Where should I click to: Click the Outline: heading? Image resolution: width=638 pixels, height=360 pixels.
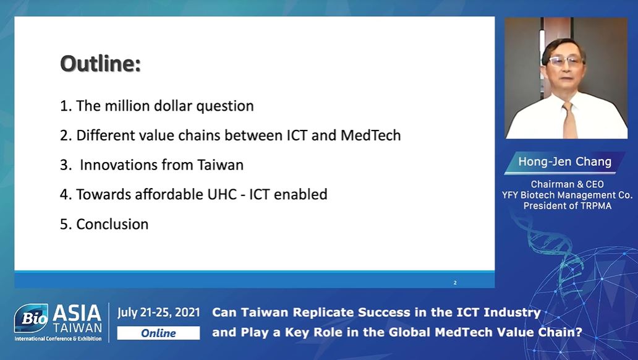[101, 64]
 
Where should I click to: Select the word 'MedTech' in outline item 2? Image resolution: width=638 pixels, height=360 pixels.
[370, 135]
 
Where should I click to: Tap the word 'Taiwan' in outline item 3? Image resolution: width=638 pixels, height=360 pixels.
[220, 165]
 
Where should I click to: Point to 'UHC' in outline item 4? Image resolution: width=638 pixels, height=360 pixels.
[222, 195]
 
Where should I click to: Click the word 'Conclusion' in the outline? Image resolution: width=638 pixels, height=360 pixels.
[113, 225]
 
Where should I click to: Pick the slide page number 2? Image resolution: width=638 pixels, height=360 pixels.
[455, 283]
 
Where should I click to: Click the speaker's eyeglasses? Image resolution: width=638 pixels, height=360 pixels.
[565, 61]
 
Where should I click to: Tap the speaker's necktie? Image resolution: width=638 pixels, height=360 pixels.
[569, 119]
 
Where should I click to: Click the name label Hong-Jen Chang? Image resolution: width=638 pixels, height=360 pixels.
[565, 161]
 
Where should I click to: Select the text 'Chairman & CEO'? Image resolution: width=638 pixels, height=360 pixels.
[567, 184]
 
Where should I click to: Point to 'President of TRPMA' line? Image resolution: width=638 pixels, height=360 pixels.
[567, 205]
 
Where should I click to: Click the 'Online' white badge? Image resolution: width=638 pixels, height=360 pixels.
[158, 333]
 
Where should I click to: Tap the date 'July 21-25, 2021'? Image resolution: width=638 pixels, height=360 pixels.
[159, 312]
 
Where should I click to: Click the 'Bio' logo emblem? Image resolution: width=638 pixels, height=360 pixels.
[32, 318]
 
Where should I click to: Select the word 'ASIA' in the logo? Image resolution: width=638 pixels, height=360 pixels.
[77, 313]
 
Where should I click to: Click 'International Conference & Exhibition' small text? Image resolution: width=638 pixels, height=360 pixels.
[58, 339]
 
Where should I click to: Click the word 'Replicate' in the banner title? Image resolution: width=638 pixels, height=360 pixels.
[323, 312]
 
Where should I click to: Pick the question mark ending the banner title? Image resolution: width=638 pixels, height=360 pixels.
[579, 332]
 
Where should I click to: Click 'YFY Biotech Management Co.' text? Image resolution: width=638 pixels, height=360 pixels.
[567, 195]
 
